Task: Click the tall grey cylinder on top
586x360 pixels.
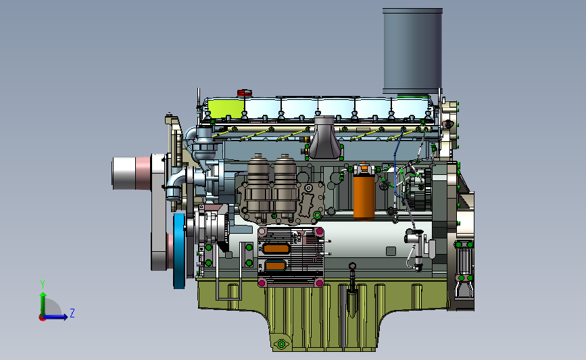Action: pyautogui.click(x=412, y=51)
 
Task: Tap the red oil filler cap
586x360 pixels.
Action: pyautogui.click(x=245, y=93)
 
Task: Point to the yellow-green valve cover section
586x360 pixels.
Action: pyautogui.click(x=226, y=108)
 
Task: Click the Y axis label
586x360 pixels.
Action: pyautogui.click(x=43, y=284)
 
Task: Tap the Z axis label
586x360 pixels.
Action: pyautogui.click(x=72, y=313)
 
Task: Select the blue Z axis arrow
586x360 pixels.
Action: pyautogui.click(x=55, y=317)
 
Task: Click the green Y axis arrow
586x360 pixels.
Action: pyautogui.click(x=43, y=304)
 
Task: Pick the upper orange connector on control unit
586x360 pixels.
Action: pyautogui.click(x=276, y=249)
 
